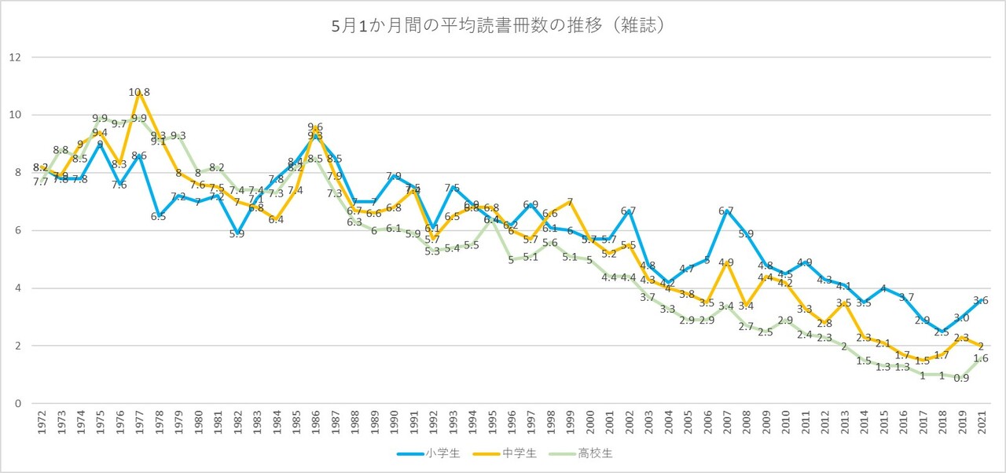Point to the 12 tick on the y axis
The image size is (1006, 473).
[x=15, y=57]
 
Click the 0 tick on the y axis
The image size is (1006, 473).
[x=15, y=403]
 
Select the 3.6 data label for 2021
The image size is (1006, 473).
[x=981, y=300]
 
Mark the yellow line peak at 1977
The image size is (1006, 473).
[x=139, y=92]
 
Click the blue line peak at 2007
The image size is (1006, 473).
[x=726, y=211]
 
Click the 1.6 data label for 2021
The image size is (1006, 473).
[x=981, y=358]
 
